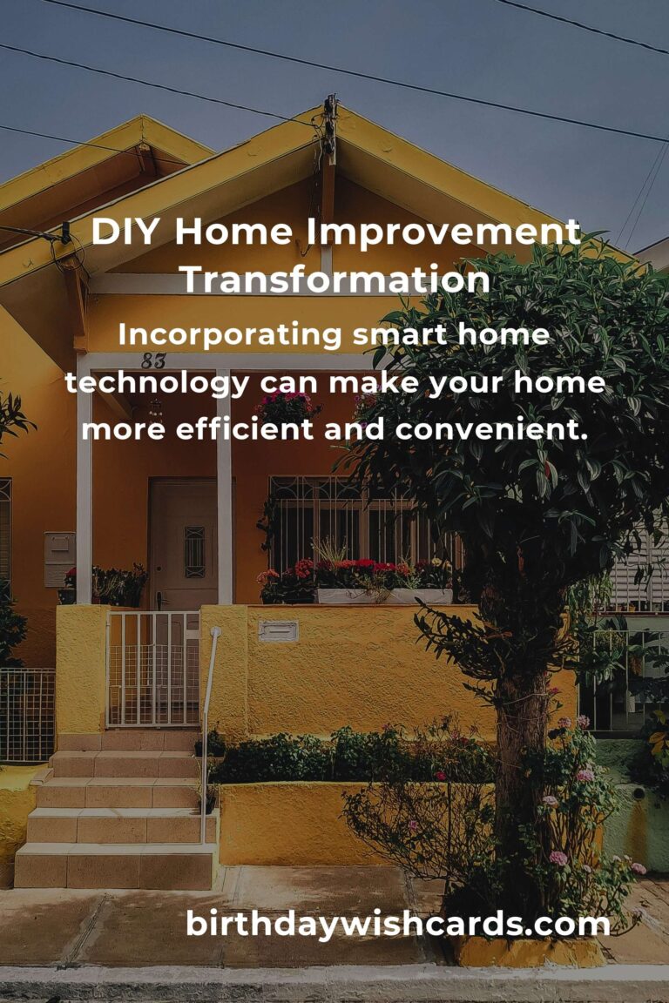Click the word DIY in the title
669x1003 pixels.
tap(125, 231)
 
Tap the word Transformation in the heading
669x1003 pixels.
tap(335, 279)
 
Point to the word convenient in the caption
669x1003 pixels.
tap(490, 429)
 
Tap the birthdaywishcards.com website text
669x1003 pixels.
tap(397, 925)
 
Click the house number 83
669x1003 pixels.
tap(153, 361)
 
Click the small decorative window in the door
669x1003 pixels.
tap(194, 552)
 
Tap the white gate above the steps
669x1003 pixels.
tap(153, 669)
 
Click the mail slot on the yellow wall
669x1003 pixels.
tap(279, 631)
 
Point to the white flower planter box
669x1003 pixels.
tap(384, 596)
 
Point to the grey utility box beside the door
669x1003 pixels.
tap(59, 559)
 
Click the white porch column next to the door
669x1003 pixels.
tap(224, 487)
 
